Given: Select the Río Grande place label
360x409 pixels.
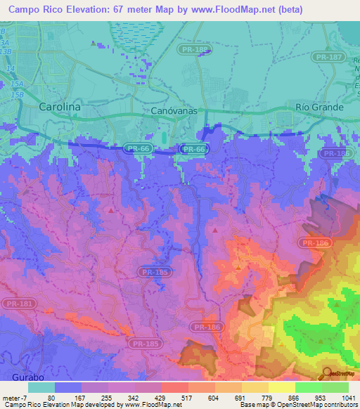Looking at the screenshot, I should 319,107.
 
